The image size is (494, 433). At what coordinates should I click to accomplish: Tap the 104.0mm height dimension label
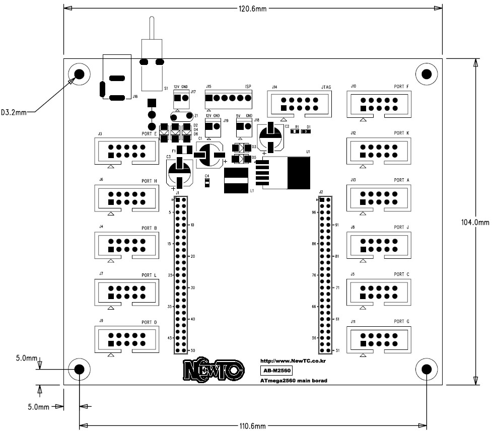[475, 222]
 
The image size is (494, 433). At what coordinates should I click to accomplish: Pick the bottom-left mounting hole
[79, 370]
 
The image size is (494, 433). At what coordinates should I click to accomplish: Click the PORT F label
[401, 87]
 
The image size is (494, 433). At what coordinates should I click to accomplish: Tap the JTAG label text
[326, 88]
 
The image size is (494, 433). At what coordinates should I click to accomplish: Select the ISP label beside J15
[248, 87]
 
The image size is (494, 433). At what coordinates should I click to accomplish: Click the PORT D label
[150, 322]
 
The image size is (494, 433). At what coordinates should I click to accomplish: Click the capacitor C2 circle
[271, 137]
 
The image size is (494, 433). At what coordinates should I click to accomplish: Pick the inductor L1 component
[236, 182]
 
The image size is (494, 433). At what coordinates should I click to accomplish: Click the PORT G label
[402, 321]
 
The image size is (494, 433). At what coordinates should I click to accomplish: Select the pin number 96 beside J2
[313, 212]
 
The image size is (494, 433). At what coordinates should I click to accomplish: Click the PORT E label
[150, 134]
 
